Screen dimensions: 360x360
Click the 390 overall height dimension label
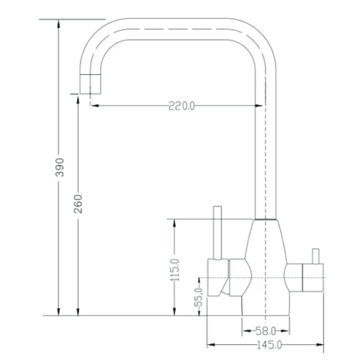pos(59,166)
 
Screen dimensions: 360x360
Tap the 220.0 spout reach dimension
pos(181,107)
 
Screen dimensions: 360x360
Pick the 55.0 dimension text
pos(198,297)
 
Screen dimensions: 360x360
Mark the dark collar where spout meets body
pos(267,217)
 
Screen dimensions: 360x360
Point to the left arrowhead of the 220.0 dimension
pos(91,107)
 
